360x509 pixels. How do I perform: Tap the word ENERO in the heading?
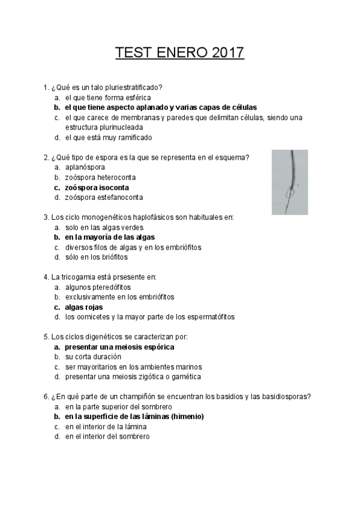click(181, 53)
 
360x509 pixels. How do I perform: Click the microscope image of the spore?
click(290, 182)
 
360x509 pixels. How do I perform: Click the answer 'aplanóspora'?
click(85, 167)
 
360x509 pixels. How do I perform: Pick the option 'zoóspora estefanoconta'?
click(104, 197)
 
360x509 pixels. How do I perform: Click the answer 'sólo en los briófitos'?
click(97, 257)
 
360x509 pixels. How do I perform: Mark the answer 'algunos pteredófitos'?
click(98, 287)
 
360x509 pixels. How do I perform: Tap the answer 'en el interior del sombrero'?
click(107, 436)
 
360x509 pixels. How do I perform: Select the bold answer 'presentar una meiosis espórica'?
click(119, 347)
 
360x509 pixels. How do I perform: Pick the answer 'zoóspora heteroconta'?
click(101, 177)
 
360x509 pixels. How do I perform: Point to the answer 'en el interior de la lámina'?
click(106, 427)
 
